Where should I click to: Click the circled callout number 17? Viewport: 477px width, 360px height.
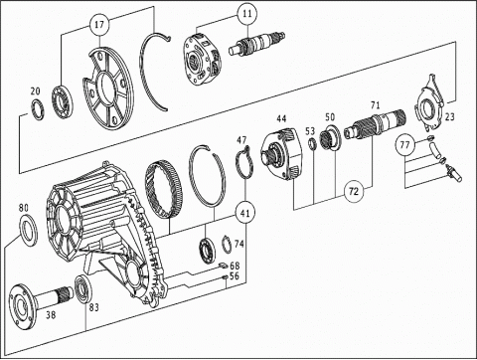(x=99, y=25)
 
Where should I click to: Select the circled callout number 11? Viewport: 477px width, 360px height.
(x=247, y=14)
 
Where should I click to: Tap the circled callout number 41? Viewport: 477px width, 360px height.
(x=245, y=213)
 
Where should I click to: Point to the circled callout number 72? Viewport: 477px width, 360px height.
(x=354, y=191)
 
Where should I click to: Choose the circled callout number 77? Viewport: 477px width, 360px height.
(x=404, y=145)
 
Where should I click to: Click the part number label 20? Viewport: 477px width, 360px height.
(x=35, y=91)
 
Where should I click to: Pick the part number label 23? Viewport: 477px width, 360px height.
(x=449, y=116)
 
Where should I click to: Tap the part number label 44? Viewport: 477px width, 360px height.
(x=281, y=118)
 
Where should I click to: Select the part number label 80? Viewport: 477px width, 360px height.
(x=24, y=208)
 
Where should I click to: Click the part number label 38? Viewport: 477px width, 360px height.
(x=51, y=314)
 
